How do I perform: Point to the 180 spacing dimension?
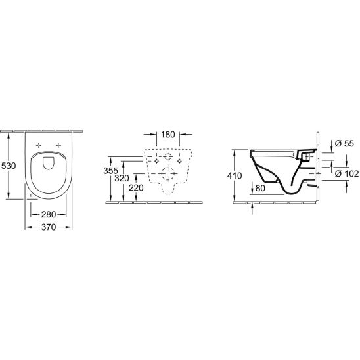coord(168,135)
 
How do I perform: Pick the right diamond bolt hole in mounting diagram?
coord(181,160)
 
